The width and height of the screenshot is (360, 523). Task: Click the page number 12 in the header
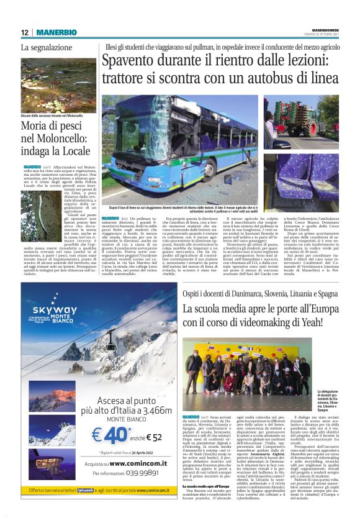pos(24,32)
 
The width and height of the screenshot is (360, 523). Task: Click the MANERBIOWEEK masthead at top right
pos(322,29)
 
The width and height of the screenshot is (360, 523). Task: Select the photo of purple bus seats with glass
pos(300,176)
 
